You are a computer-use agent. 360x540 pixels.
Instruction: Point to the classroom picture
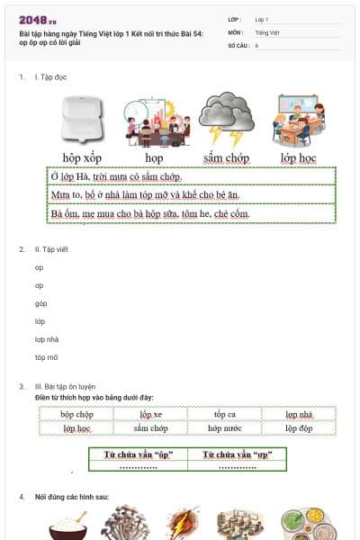point(300,120)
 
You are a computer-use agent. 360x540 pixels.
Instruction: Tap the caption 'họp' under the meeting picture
point(155,157)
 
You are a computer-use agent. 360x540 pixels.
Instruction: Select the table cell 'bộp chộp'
point(77,414)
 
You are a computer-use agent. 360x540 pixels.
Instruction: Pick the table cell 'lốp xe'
point(151,414)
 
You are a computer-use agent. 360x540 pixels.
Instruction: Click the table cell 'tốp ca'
point(225,414)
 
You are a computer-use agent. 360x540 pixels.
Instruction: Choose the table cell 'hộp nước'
point(225,428)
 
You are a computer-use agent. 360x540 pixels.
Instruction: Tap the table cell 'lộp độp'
point(299,428)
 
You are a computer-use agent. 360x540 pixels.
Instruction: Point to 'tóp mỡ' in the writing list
point(46,357)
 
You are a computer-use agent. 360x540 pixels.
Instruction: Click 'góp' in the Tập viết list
point(40,303)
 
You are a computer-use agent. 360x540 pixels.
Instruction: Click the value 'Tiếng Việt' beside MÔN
point(267,31)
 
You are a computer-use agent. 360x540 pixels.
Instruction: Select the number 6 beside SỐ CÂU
point(256,44)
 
